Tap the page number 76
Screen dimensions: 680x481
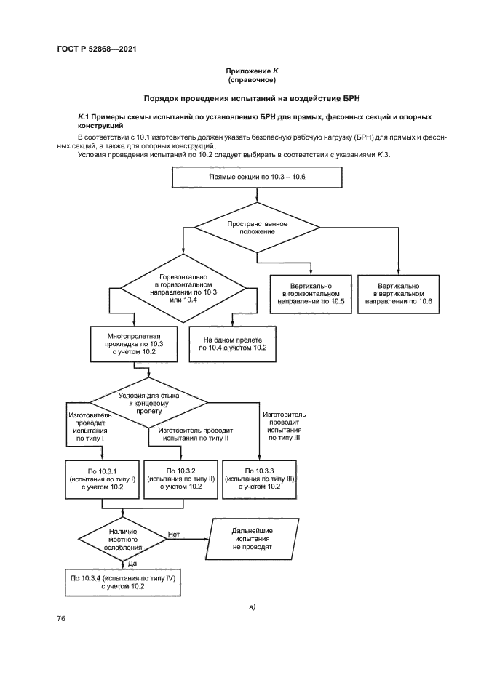pos(62,618)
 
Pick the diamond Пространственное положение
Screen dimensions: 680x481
pos(256,227)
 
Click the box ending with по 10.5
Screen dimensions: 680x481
pos(311,294)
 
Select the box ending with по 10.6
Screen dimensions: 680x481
pos(398,294)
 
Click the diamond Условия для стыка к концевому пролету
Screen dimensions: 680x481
pos(149,401)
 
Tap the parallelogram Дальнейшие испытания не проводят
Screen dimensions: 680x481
pos(253,538)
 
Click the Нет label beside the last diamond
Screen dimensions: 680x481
pos(174,535)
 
